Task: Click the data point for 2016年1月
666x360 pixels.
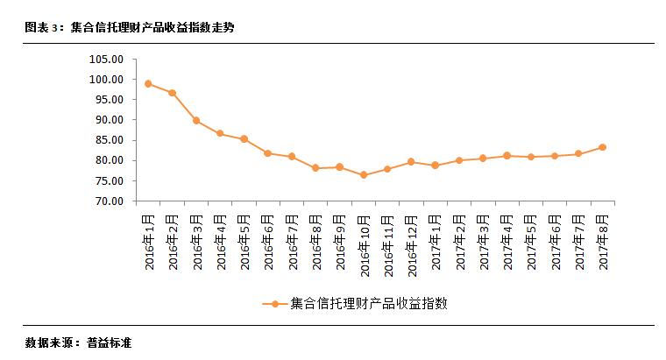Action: [x=149, y=84]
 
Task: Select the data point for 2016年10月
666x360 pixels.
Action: [x=364, y=175]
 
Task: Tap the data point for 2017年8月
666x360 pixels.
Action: [x=602, y=147]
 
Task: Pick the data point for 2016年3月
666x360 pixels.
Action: [x=196, y=121]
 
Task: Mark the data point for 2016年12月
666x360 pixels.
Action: [x=411, y=162]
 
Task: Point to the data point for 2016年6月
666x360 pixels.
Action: [x=268, y=153]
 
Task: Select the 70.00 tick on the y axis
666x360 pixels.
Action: [x=109, y=201]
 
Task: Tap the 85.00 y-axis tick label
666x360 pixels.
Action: [x=109, y=140]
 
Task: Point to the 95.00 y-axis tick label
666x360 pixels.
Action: [x=109, y=100]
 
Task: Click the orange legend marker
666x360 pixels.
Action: [x=273, y=304]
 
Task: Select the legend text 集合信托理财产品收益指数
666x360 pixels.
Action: [x=368, y=304]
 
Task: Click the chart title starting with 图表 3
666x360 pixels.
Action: [x=130, y=28]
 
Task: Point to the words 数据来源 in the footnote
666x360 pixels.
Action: [x=49, y=342]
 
